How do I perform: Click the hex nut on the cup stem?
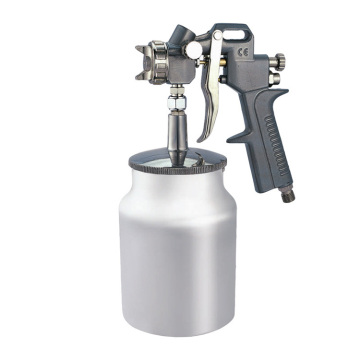tap(176, 98)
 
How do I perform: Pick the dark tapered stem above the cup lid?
tap(177, 130)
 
